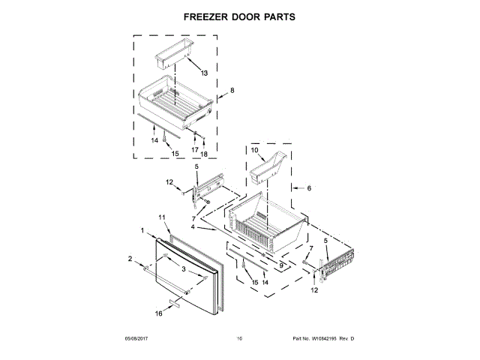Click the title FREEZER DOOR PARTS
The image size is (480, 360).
pyautogui.click(x=239, y=15)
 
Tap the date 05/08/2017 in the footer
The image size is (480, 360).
pyautogui.click(x=139, y=340)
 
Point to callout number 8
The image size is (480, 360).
pyautogui.click(x=232, y=90)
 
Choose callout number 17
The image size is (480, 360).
pyautogui.click(x=195, y=151)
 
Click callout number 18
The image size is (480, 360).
pyautogui.click(x=204, y=154)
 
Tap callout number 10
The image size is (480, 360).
pyautogui.click(x=253, y=150)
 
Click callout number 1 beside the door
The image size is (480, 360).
pyautogui.click(x=142, y=229)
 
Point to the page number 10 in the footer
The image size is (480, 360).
pyautogui.click(x=239, y=340)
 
